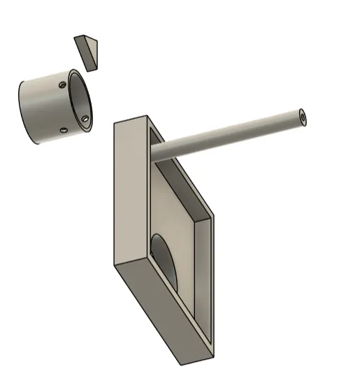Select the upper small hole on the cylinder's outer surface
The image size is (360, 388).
tap(64, 85)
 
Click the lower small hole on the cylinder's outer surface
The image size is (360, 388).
tap(64, 129)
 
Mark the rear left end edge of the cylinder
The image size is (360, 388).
tap(20, 112)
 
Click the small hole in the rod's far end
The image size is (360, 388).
tap(302, 117)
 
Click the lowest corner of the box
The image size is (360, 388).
tap(184, 364)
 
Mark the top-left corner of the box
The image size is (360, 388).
tap(115, 123)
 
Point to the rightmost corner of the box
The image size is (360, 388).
tap(213, 217)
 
